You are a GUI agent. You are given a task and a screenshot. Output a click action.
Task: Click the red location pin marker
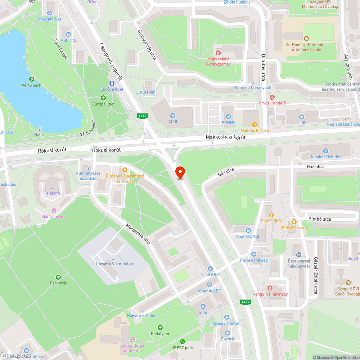(x=180, y=172)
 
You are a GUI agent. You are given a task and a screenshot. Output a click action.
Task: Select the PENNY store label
(x=228, y=122)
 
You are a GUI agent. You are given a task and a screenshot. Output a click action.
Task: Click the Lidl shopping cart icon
(x=301, y=117)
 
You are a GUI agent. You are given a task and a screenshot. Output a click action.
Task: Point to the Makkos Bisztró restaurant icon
(x=255, y=124)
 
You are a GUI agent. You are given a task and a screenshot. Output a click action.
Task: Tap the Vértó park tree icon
(x=31, y=79)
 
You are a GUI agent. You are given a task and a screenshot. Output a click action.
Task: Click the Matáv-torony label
(x=54, y=217)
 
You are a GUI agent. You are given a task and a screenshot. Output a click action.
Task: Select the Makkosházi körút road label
(x=226, y=138)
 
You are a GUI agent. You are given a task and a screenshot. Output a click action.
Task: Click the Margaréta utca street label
(x=138, y=234)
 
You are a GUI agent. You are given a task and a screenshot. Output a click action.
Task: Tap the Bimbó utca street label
(x=319, y=219)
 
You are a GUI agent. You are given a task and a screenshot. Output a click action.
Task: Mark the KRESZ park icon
(x=183, y=342)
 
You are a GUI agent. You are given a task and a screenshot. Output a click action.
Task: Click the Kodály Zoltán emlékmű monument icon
(x=133, y=339)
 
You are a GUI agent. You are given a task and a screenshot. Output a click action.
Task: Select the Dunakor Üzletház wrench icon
(x=325, y=151)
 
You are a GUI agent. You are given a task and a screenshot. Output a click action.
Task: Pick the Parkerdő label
(x=59, y=283)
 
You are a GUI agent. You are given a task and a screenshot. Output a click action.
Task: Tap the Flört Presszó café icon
(x=294, y=222)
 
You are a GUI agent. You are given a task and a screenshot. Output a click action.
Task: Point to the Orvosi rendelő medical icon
(x=272, y=97)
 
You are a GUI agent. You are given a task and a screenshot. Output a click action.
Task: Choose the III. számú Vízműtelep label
(x=113, y=264)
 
